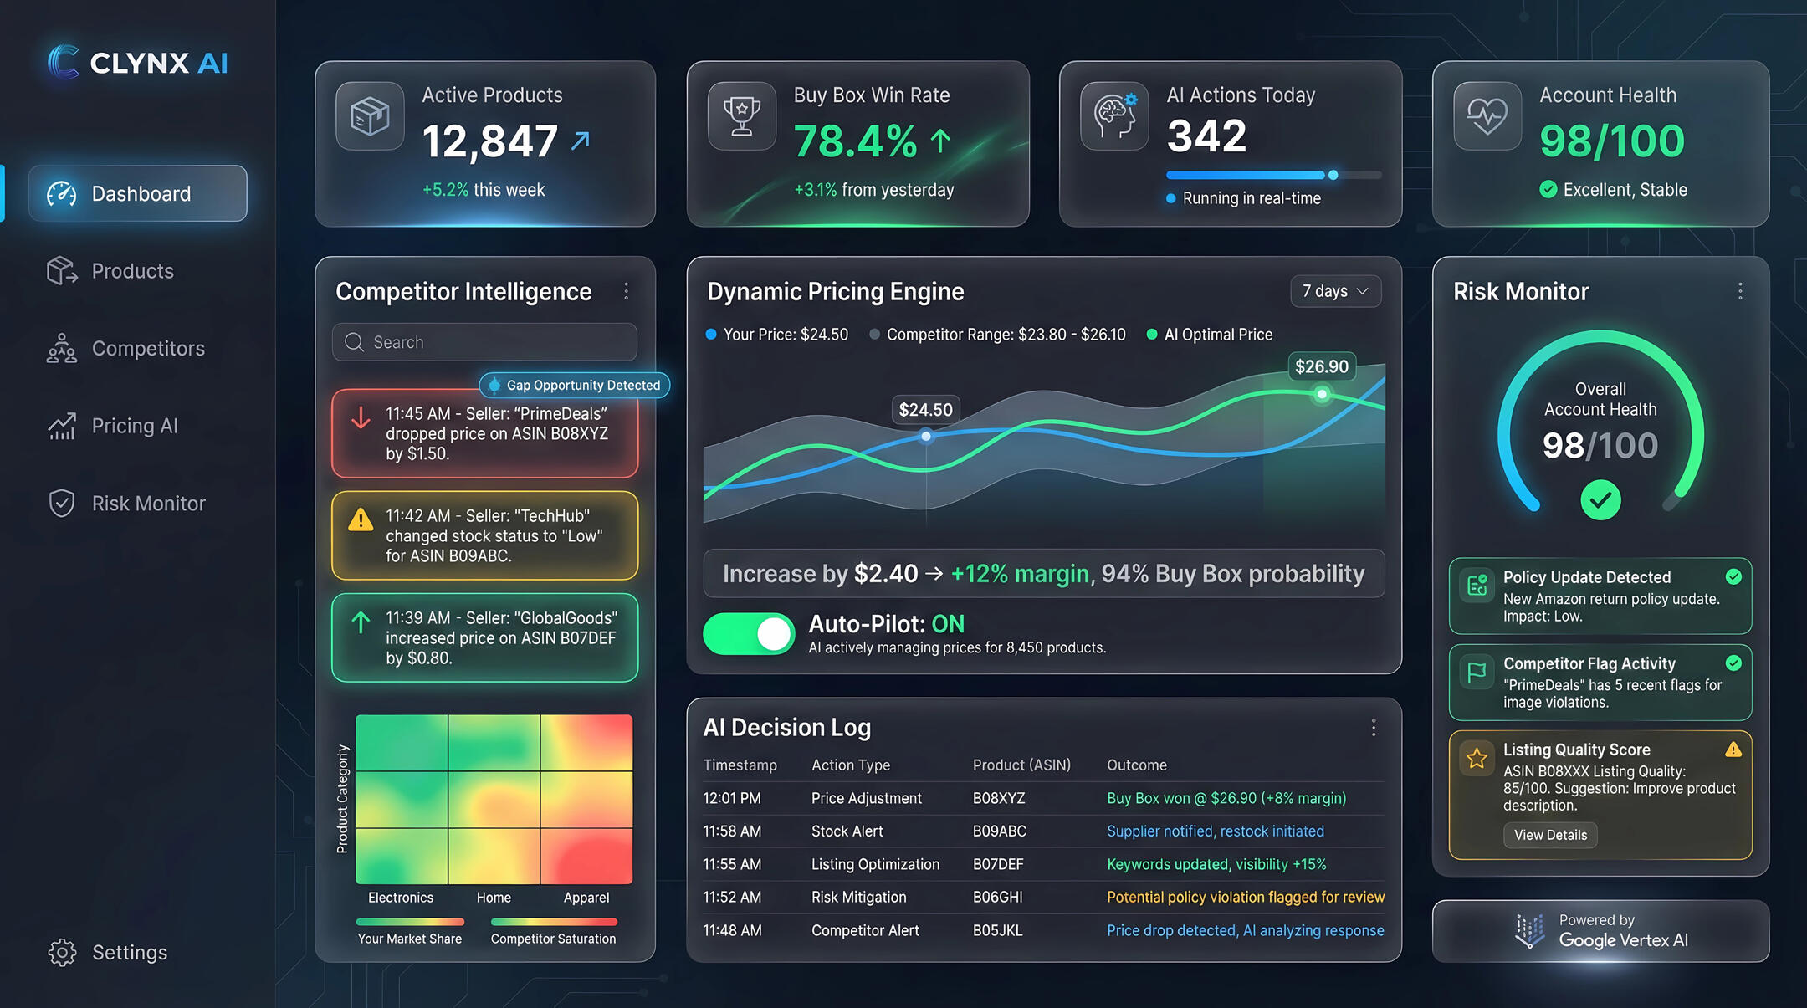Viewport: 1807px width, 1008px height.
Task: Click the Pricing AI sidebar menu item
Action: point(134,427)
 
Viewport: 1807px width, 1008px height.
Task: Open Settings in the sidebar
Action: point(129,953)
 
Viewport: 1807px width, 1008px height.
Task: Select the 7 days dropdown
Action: point(1335,291)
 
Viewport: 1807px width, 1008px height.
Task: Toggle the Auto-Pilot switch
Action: point(750,634)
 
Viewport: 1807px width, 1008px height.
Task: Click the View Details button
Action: point(1550,835)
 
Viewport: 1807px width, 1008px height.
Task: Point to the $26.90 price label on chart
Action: point(1322,366)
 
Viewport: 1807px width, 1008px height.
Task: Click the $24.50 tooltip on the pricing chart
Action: point(925,410)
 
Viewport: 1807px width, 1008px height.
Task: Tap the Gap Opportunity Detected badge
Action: point(576,386)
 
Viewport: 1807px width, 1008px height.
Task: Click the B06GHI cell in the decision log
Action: point(997,898)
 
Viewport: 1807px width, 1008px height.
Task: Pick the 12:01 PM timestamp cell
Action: point(732,799)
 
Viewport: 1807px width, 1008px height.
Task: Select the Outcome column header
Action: point(1136,765)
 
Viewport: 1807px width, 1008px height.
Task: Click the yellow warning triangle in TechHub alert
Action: point(361,520)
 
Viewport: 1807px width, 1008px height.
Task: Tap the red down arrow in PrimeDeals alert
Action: point(361,417)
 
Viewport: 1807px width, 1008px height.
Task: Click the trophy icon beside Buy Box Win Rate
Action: point(742,116)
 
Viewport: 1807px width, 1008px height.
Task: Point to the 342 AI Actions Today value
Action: point(1206,136)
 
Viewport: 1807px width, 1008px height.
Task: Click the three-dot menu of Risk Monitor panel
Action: point(1740,291)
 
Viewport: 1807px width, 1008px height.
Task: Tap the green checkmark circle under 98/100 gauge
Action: point(1600,500)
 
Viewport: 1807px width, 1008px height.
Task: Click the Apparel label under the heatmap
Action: point(586,898)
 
